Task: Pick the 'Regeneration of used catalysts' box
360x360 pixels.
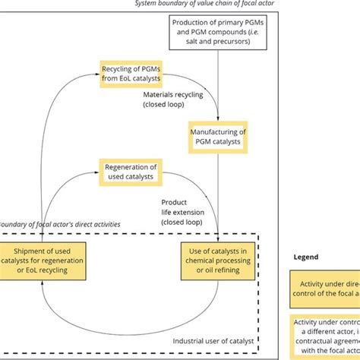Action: click(130, 172)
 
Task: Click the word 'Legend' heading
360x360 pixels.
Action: click(306, 257)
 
